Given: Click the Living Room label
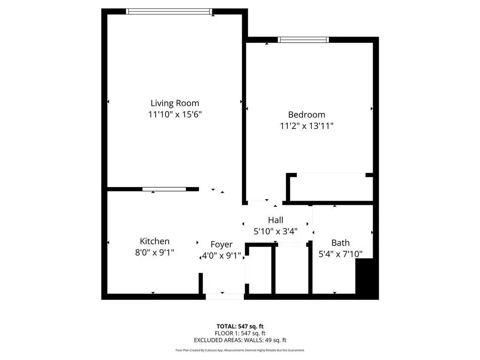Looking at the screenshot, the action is click(x=175, y=103).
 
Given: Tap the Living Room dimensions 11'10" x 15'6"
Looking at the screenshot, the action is click(x=175, y=114).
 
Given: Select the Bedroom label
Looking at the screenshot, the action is click(x=307, y=115).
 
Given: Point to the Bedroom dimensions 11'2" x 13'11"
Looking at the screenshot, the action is click(x=307, y=126).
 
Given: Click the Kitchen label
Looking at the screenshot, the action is click(x=155, y=241).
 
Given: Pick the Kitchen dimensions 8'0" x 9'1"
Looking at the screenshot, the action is click(x=155, y=253).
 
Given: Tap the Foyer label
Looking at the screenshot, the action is click(x=221, y=245).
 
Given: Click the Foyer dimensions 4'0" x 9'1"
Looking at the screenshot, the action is click(x=221, y=255).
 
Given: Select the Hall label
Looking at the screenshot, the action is click(x=276, y=220).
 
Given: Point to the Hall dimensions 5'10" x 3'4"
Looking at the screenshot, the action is click(x=276, y=232).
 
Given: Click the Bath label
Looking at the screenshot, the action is click(x=340, y=243).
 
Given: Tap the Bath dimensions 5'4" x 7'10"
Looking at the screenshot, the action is click(x=340, y=254).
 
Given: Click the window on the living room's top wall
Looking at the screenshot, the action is click(x=169, y=12).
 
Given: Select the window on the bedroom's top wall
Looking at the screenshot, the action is click(x=303, y=40).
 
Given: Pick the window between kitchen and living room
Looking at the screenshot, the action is click(x=165, y=189).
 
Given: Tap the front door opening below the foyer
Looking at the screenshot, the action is click(x=225, y=297).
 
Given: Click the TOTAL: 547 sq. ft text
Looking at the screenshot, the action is click(x=240, y=326).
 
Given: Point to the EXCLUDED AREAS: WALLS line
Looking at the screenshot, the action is click(x=240, y=340).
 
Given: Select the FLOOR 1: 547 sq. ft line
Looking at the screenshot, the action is click(x=240, y=333).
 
